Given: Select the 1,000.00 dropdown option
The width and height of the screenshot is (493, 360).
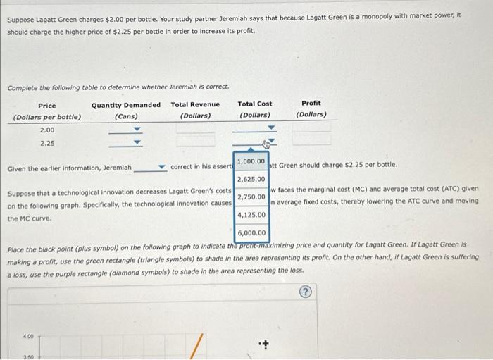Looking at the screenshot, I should coord(251,161).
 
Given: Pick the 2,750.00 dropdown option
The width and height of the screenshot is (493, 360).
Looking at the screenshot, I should coord(251,197).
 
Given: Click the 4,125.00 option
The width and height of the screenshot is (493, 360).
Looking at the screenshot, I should coord(251,214).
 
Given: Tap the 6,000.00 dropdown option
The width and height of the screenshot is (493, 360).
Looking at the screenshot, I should coord(251,232).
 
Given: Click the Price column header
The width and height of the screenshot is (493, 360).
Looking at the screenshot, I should coord(47,105).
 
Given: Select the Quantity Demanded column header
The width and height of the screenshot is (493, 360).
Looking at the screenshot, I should coord(126,105).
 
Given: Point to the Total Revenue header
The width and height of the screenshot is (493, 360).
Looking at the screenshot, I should coord(195,104).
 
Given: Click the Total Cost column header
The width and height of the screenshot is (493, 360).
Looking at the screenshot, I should coord(255,104).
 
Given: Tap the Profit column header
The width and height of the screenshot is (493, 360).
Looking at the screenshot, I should coord(311,104).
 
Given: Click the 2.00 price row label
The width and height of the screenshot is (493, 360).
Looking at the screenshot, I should coord(47,130).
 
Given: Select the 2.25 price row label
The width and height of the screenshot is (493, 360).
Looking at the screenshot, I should coord(47,143).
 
